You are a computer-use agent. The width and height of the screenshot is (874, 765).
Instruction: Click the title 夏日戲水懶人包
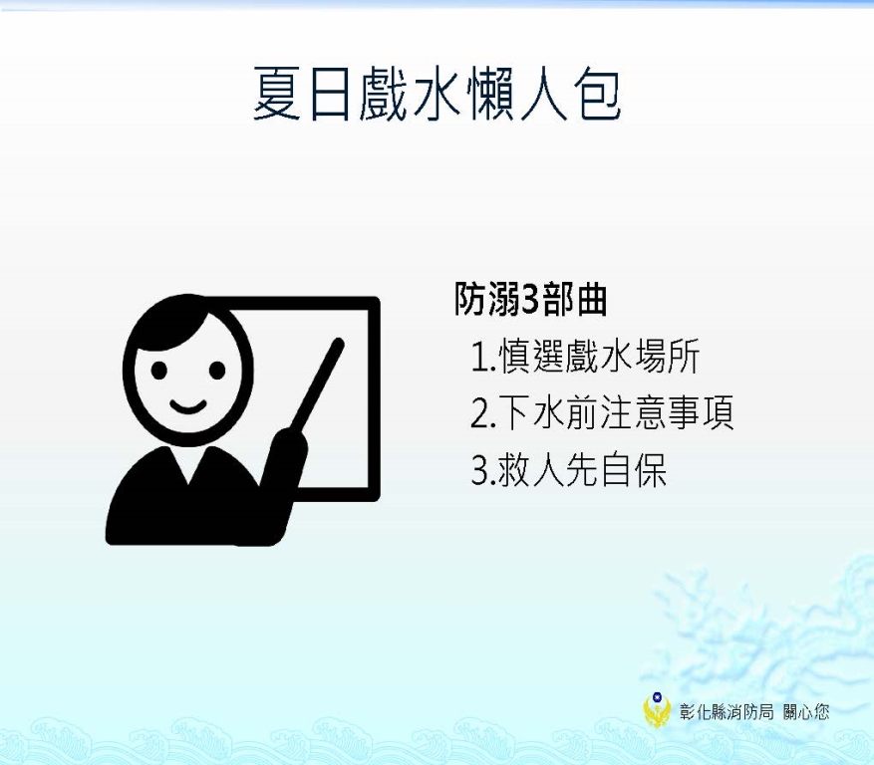point(437,94)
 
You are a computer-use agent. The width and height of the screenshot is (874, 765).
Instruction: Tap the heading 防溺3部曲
point(530,299)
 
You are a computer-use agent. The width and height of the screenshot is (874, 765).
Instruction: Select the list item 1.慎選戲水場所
point(585,356)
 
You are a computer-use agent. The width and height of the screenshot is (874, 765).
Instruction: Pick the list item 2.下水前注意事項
point(602,412)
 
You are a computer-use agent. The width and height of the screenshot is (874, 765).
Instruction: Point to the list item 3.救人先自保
point(568,470)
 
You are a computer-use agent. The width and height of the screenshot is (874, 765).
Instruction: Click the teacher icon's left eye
point(158,370)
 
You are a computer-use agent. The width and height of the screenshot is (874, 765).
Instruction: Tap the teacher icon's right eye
point(217,370)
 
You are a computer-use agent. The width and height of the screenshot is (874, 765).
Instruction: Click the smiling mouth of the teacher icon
point(187,406)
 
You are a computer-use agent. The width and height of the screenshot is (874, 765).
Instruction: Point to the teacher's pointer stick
point(317,384)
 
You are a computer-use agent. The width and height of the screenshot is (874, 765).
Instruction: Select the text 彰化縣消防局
point(727,711)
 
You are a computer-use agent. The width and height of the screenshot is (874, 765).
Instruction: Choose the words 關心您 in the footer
point(806,711)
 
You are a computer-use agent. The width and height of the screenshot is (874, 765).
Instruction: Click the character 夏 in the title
point(277,94)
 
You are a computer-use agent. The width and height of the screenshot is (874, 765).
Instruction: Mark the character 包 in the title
point(596,94)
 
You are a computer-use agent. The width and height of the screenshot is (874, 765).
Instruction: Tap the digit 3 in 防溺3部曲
point(530,300)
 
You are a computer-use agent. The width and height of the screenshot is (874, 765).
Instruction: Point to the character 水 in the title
point(437,94)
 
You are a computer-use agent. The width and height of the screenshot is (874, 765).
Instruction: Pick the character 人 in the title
point(543,94)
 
